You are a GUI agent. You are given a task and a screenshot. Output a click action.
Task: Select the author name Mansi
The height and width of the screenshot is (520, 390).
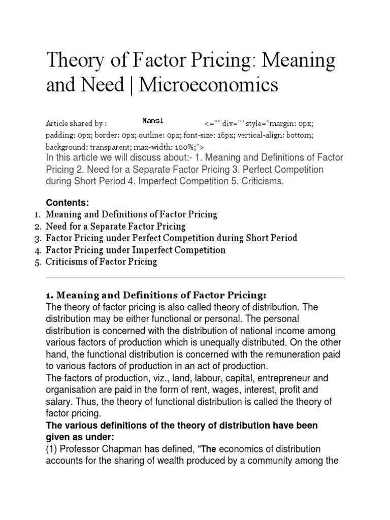click(152, 120)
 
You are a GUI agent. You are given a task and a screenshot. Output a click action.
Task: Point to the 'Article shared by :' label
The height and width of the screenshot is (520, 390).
click(76, 123)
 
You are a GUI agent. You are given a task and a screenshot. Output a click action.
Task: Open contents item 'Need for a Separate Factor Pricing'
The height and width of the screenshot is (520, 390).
click(116, 226)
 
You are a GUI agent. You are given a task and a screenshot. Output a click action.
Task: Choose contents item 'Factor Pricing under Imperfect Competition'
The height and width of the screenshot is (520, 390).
click(136, 250)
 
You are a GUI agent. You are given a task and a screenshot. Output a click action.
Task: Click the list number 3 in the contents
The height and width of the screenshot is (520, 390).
click(38, 238)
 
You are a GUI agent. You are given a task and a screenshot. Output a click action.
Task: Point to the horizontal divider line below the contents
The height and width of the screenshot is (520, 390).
click(195, 277)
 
